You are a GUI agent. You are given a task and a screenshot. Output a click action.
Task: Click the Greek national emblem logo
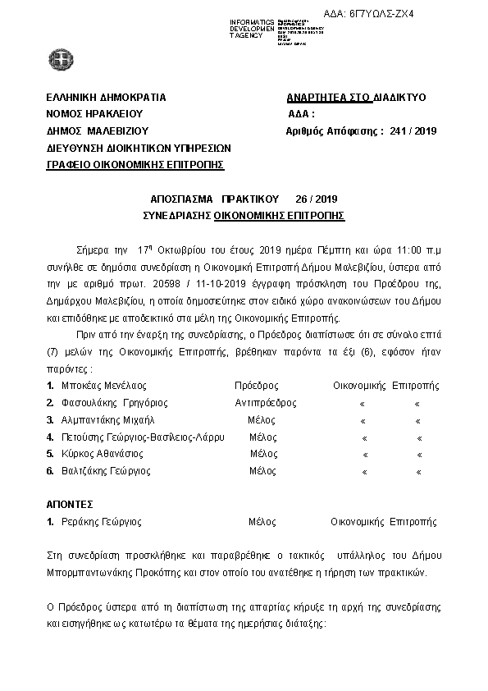(60, 58)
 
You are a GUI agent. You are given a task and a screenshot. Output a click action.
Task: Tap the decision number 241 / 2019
(415, 130)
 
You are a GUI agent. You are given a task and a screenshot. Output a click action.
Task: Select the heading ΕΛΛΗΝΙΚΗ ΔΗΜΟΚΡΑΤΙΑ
(107, 97)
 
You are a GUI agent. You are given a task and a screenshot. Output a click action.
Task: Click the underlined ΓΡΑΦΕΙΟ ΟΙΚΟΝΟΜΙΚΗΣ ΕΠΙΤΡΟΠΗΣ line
(135, 165)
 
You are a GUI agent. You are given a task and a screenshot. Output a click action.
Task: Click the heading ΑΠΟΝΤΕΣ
(70, 503)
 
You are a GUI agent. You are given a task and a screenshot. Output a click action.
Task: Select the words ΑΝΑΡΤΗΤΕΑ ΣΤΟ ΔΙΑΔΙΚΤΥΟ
(356, 97)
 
